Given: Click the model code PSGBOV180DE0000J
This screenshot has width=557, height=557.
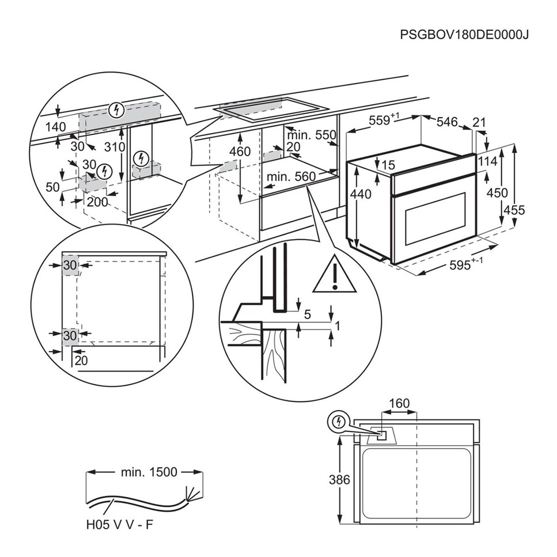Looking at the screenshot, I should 464,34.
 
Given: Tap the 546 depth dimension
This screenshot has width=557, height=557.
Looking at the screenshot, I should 447,122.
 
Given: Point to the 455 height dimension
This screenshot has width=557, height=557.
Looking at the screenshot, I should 513,210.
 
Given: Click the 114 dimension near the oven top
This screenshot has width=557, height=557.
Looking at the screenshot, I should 487,162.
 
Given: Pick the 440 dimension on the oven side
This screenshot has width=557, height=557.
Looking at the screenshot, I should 361,195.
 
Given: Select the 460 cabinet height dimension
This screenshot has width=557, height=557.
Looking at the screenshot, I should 240,151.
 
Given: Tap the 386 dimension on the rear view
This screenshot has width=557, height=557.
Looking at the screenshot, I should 333,479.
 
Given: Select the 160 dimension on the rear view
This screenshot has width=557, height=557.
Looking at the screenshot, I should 399,403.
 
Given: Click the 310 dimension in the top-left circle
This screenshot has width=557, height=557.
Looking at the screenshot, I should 115,147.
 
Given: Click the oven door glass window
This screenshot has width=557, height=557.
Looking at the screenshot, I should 436,218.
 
